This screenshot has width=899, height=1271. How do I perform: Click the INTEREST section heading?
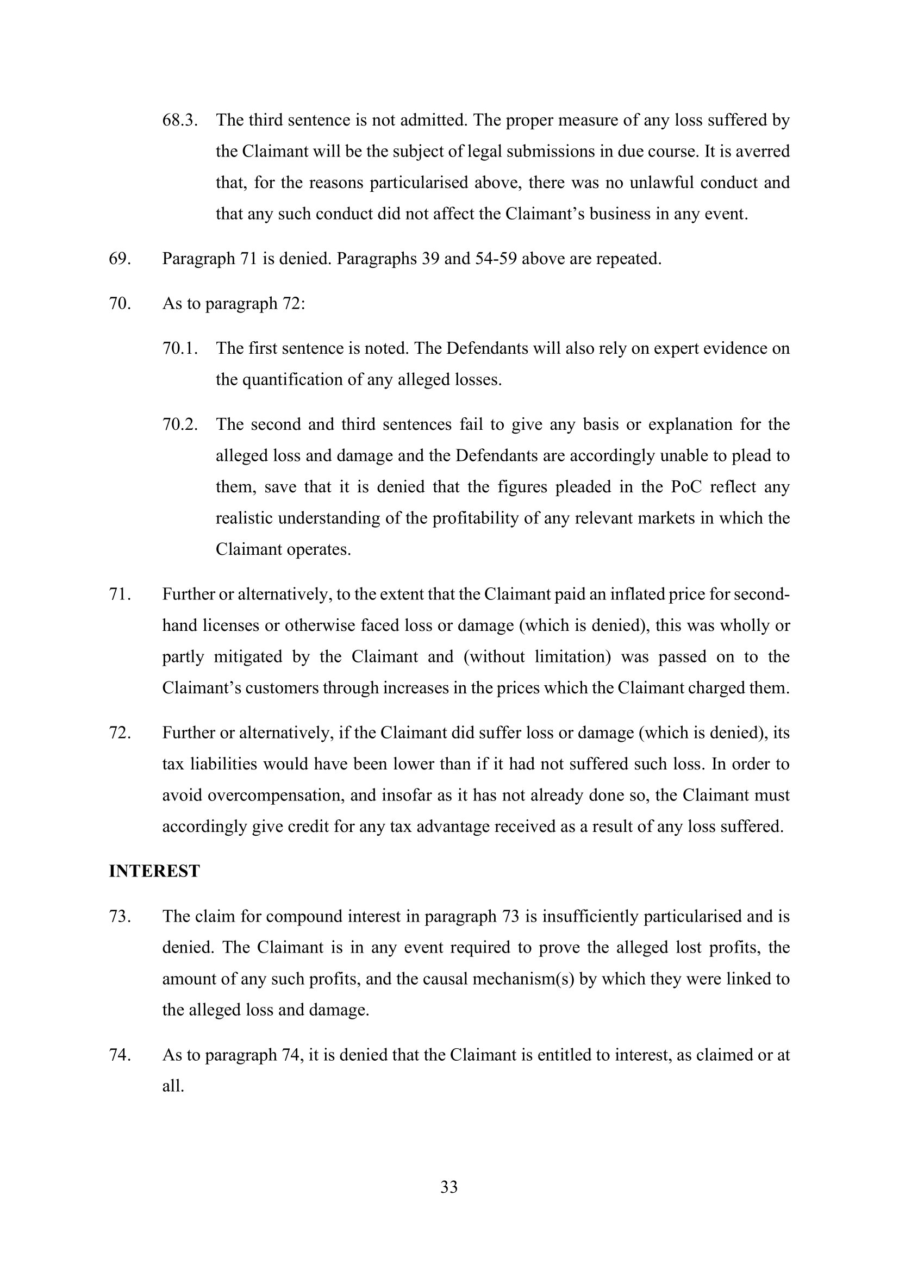(154, 871)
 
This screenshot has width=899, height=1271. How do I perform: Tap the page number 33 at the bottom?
(449, 1187)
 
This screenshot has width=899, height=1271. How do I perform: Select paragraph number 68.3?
(180, 120)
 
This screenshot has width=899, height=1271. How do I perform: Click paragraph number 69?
(120, 259)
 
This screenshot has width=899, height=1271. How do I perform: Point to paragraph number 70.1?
(180, 348)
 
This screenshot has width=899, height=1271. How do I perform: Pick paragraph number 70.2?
(180, 424)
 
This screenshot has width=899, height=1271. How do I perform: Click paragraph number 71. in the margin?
(120, 594)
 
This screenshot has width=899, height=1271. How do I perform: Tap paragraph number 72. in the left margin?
(120, 733)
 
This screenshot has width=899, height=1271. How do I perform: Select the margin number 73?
(120, 916)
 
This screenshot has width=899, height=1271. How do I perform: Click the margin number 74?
(120, 1055)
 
